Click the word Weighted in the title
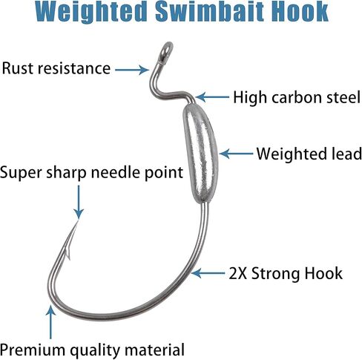[x=91, y=13]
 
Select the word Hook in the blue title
[x=296, y=11]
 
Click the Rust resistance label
[x=56, y=68]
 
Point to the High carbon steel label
[x=297, y=97]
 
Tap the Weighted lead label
[x=309, y=154]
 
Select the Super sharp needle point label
[x=91, y=172]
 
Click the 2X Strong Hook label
[x=286, y=273]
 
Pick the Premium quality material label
[x=93, y=350]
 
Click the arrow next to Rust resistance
[x=132, y=70]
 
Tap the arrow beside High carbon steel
[x=212, y=97]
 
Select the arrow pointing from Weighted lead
[x=236, y=154]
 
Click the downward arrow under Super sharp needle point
[x=79, y=202]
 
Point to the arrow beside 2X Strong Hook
[x=208, y=273]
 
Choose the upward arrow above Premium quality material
[x=50, y=322]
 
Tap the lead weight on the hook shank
[x=201, y=154]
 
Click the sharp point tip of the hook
[x=78, y=220]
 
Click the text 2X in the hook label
[x=238, y=273]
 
